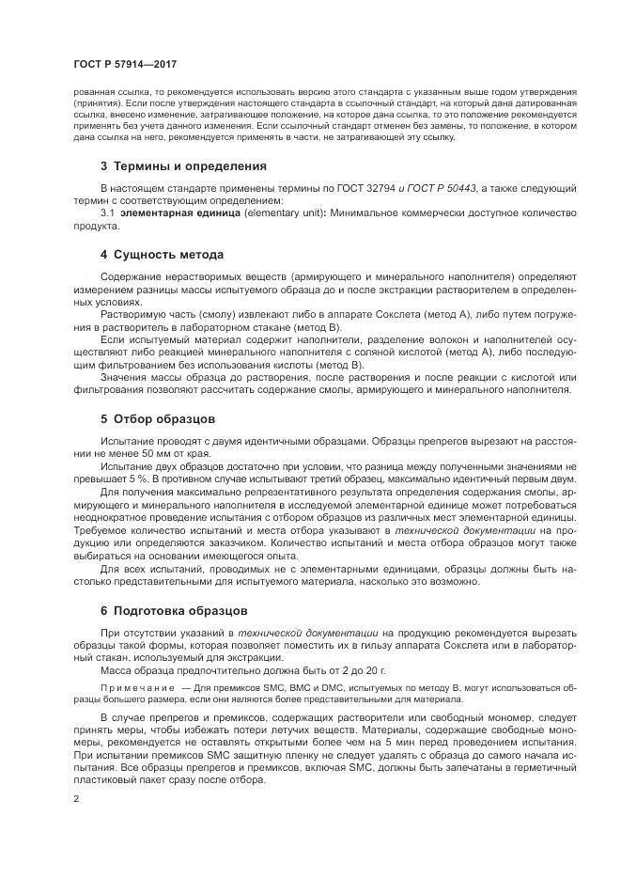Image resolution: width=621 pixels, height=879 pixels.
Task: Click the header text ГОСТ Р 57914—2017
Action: pyautogui.click(x=125, y=64)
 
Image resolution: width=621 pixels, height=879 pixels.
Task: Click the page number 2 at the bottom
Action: pyautogui.click(x=76, y=799)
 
